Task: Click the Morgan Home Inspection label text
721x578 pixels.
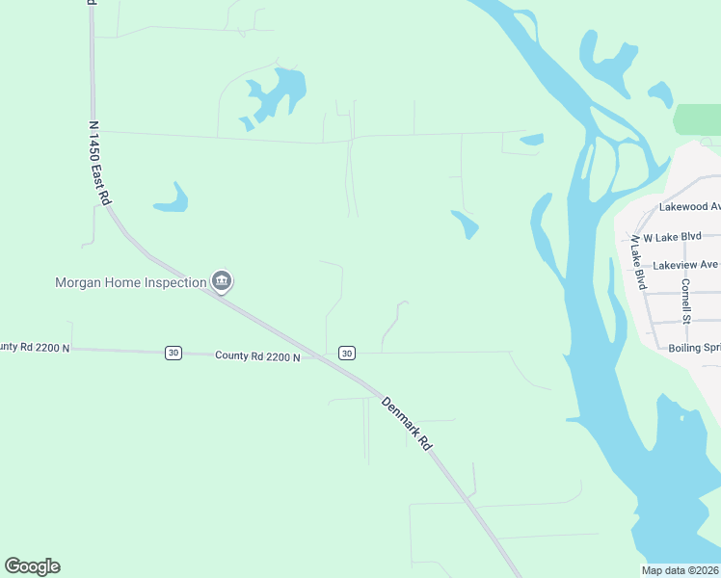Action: [x=130, y=282]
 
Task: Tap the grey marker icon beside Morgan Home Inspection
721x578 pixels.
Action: [x=223, y=282]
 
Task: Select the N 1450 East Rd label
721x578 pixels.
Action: [x=97, y=161]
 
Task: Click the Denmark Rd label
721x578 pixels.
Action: [x=406, y=424]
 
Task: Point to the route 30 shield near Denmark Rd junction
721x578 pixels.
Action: [x=347, y=354]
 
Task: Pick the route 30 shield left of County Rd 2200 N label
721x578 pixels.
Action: [x=173, y=353]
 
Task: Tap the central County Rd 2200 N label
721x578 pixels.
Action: [x=257, y=356]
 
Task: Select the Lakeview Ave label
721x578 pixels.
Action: [x=685, y=265]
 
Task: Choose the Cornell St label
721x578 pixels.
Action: [x=686, y=301]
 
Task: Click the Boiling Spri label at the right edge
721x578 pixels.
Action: [x=694, y=348]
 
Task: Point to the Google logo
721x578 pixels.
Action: [x=32, y=566]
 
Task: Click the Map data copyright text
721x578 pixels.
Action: [x=681, y=570]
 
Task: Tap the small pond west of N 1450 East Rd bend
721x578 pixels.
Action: [x=171, y=198]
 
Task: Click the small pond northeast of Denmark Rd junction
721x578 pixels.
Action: [x=465, y=224]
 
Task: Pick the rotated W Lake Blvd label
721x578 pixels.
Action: [x=638, y=262]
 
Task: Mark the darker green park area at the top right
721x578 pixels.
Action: [x=697, y=119]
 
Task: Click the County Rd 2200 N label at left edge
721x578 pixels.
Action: [x=35, y=347]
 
